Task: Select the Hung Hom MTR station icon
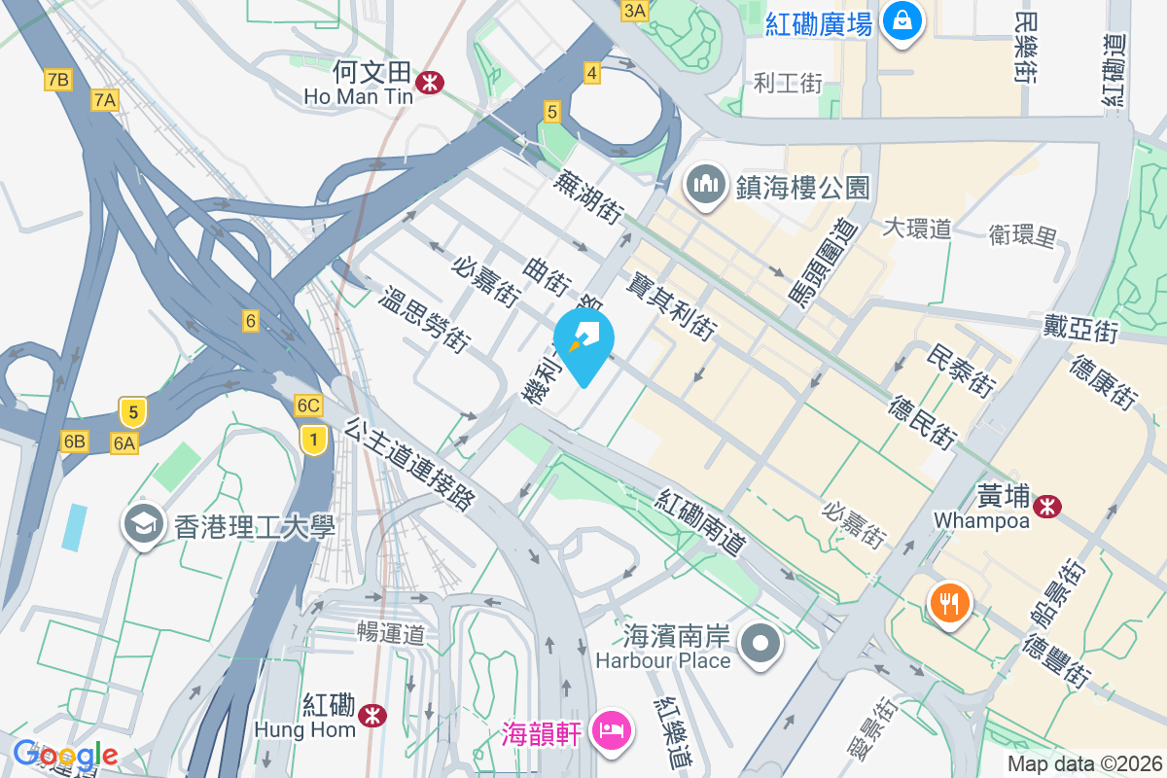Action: point(370,716)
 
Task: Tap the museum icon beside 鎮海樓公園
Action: point(705,184)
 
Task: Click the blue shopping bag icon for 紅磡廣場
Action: point(902,19)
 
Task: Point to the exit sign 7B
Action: point(57,80)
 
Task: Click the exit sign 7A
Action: point(104,98)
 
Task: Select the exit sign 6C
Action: point(308,406)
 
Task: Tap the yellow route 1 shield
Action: point(312,439)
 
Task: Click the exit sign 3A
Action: point(634,11)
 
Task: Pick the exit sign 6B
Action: point(74,442)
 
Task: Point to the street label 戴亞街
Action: point(1080,329)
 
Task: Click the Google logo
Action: point(65,754)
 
